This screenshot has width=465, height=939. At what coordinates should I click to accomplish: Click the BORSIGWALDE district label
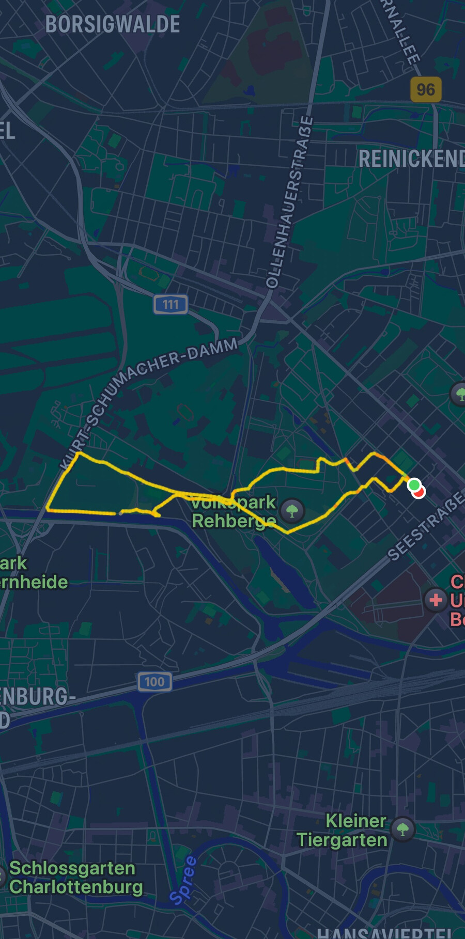coord(113,24)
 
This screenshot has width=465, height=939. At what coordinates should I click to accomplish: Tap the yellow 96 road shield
coord(426,89)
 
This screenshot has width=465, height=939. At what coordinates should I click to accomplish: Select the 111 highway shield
coord(171,305)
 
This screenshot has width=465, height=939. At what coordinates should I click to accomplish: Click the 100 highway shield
coord(154,681)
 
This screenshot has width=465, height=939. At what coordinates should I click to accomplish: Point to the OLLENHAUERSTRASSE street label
coord(290,202)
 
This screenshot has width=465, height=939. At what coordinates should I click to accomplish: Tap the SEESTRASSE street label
coord(426,526)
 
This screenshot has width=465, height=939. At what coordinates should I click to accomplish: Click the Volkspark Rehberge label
coord(234,511)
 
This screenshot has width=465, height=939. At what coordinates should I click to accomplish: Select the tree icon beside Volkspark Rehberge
coord(292,511)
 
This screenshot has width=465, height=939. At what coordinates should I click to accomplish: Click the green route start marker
coord(413,485)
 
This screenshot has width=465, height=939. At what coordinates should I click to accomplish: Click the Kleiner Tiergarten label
coord(342,830)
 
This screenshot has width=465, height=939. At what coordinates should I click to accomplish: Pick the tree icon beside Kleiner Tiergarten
coord(403,830)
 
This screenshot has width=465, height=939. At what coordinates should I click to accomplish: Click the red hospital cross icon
coord(436,600)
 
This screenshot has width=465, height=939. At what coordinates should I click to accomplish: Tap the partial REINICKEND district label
coord(411,159)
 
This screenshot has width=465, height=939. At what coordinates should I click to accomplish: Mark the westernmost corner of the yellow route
coord(47,510)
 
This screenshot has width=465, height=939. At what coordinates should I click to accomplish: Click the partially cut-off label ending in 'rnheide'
coord(34,582)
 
